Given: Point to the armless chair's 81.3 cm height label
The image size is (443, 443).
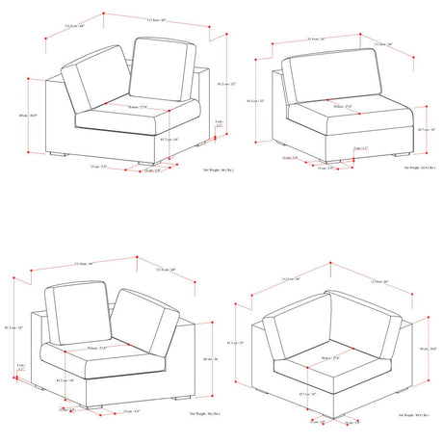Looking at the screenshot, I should tap(254, 100).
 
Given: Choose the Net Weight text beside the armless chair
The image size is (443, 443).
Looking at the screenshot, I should tap(409, 168).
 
